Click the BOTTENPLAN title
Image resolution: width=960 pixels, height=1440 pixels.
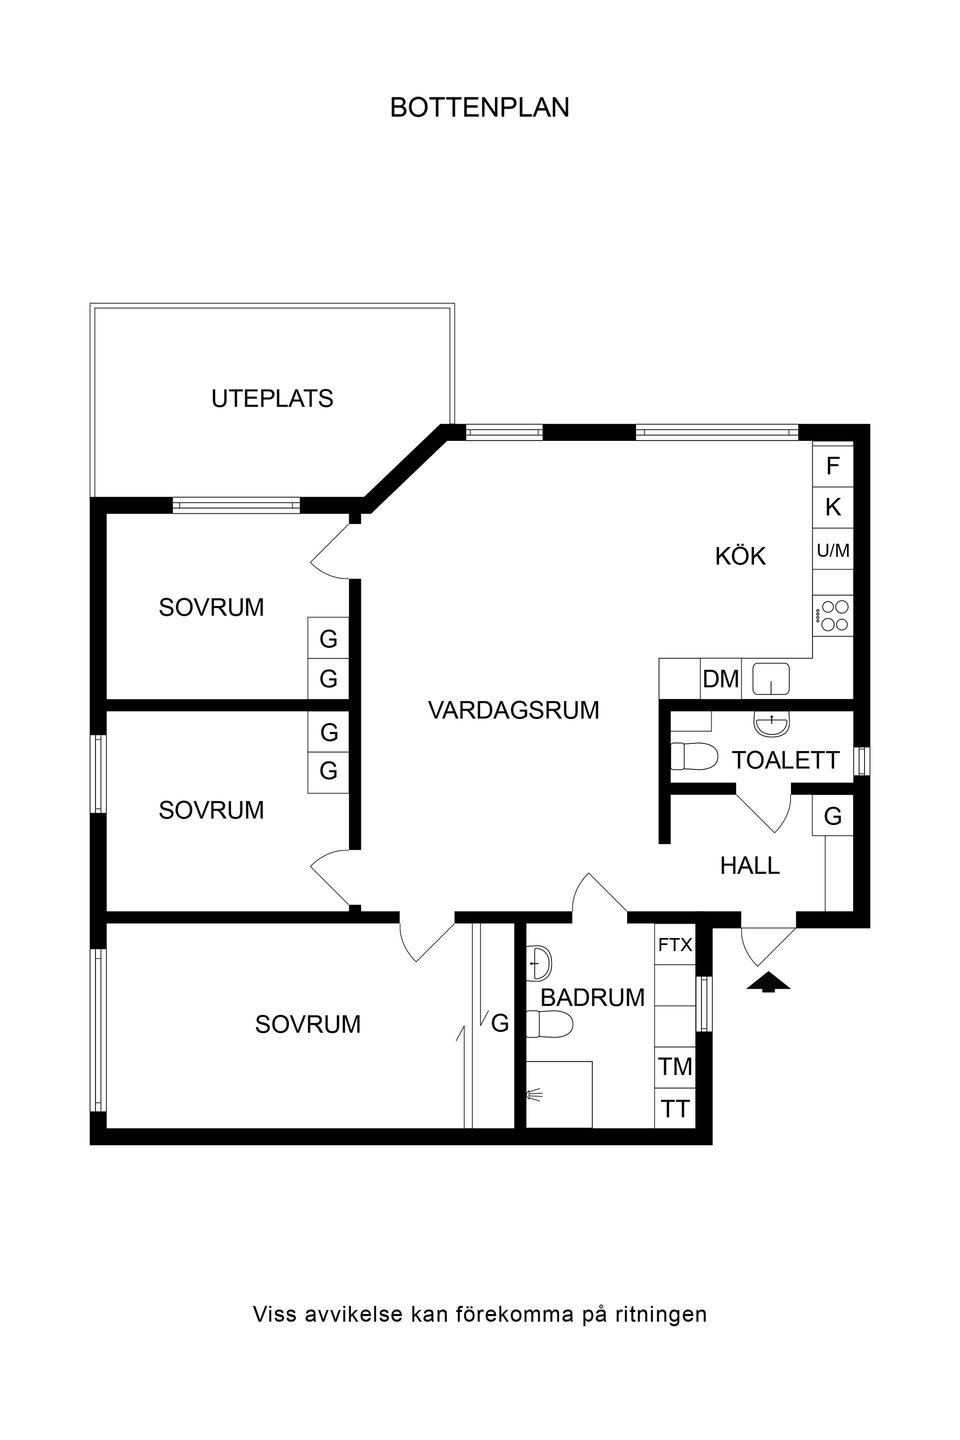(479, 108)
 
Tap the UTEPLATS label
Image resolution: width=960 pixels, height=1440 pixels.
(272, 398)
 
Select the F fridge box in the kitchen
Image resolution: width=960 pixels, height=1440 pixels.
(832, 466)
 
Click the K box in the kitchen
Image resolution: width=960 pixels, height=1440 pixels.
(832, 507)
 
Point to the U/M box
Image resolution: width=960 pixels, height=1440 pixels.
(832, 550)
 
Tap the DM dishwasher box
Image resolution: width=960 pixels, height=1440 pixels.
(720, 679)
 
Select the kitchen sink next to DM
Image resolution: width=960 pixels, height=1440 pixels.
(771, 678)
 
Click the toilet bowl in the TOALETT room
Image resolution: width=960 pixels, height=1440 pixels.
(693, 756)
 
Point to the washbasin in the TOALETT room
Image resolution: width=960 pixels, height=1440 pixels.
(771, 724)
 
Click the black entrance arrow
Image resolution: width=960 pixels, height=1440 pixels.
(768, 981)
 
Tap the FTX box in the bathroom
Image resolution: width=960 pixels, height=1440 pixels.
(674, 944)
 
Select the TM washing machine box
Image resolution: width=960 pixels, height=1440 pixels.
(674, 1067)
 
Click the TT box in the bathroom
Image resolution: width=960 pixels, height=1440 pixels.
(674, 1109)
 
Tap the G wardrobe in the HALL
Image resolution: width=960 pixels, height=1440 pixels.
(832, 815)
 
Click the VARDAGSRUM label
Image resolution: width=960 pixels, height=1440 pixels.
(513, 710)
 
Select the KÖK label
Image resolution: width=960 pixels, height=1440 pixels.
(740, 556)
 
